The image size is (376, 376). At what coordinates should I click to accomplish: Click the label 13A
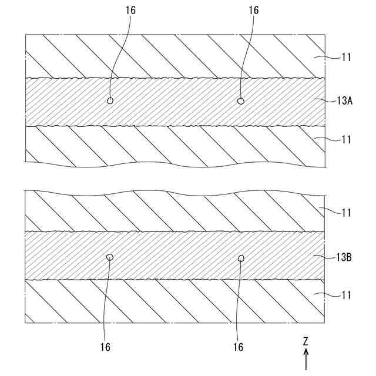pos(345,100)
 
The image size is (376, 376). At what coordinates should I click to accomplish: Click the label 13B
pos(345,257)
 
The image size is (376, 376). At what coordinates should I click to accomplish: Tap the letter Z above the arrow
pos(306,341)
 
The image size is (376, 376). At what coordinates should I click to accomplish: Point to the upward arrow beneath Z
pos(306,358)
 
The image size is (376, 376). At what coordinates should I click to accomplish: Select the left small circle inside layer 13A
pos(110,101)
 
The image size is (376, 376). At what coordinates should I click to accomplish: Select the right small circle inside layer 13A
pos(240,101)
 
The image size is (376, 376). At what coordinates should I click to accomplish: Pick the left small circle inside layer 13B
pos(109,257)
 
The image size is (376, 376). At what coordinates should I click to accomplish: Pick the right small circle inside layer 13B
pos(240,257)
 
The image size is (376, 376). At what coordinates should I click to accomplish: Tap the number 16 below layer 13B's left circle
pos(104,347)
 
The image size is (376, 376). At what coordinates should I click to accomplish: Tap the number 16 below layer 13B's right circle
pos(238,347)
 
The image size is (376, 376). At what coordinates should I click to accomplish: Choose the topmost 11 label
pos(347,58)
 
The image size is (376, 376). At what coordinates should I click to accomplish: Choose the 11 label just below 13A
pos(347,140)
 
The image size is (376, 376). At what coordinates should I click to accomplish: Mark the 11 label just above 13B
pos(347,213)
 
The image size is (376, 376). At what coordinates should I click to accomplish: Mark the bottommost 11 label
pos(347,296)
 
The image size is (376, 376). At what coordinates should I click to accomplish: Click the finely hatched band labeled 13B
pos(176,257)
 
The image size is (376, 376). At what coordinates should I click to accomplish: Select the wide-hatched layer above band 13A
pos(176,56)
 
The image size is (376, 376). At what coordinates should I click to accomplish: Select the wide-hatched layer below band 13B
pos(176,301)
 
